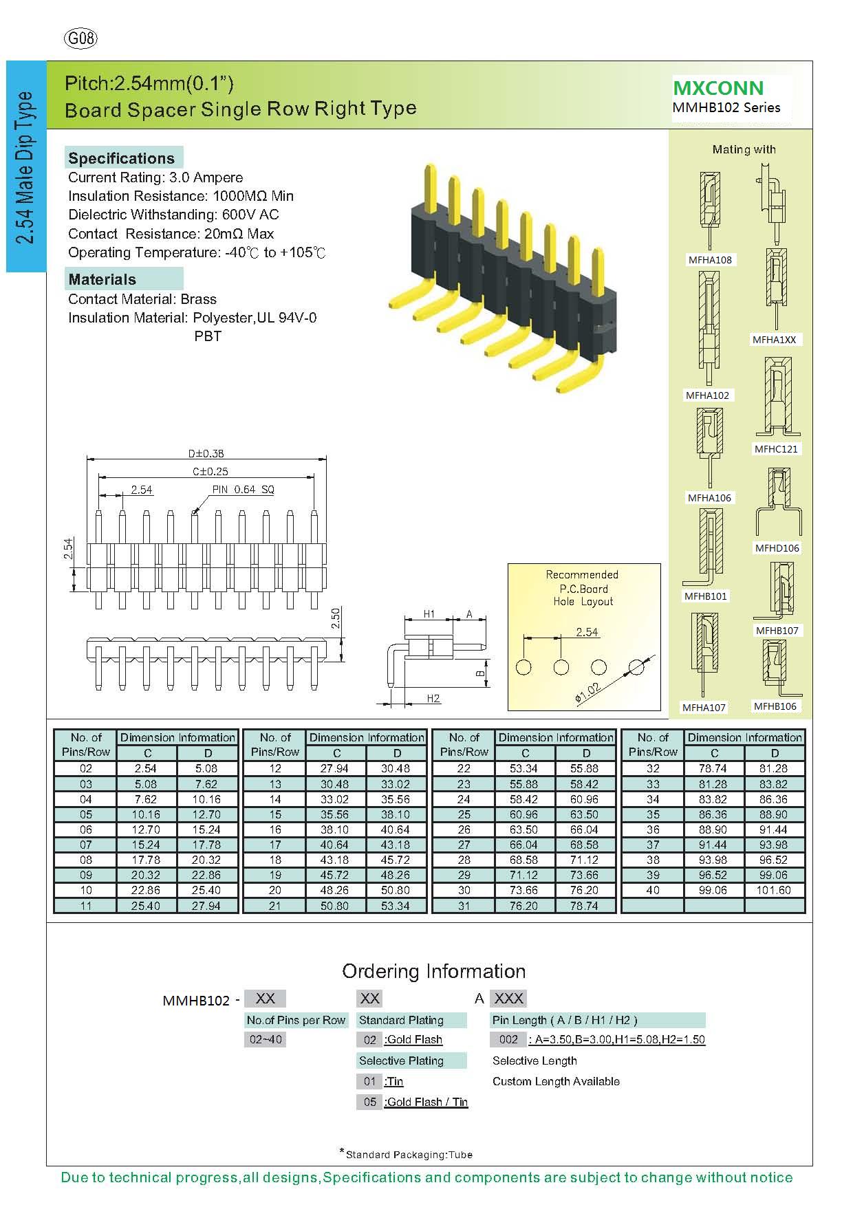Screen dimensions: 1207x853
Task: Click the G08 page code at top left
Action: coord(81,39)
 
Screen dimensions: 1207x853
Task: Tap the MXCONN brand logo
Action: coord(718,88)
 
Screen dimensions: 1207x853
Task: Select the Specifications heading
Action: coord(121,158)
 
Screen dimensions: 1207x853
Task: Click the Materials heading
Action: coord(102,279)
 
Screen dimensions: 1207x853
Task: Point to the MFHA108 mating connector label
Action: coord(710,260)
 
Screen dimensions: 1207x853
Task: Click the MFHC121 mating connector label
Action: coord(776,449)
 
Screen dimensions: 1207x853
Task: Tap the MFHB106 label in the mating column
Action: coord(775,706)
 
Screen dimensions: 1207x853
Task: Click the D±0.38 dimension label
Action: coord(206,454)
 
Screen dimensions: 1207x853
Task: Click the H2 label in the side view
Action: coord(433,699)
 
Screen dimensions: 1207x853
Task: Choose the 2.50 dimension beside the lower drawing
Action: coord(336,618)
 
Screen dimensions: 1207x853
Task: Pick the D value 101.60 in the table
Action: coord(775,890)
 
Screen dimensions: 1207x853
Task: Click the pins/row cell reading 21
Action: coord(275,906)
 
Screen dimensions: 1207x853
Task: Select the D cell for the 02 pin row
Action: coord(206,768)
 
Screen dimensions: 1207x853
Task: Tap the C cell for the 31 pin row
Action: coord(525,906)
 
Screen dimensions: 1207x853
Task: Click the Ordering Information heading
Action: coord(433,971)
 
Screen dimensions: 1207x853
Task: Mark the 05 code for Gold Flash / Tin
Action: coord(370,1102)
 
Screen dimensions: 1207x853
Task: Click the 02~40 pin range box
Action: coord(266,1039)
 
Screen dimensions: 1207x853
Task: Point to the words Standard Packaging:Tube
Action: coord(409,1155)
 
